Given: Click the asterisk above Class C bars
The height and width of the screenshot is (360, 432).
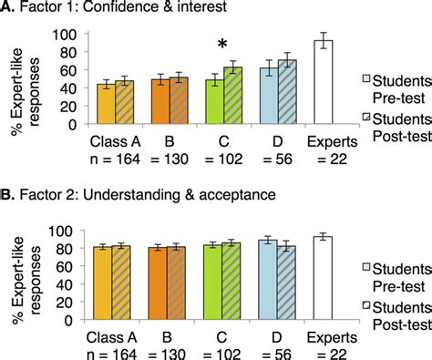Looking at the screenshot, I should [221, 45].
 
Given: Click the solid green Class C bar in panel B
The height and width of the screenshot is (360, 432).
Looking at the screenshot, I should [212, 283].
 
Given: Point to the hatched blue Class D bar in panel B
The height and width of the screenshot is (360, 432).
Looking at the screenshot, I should [289, 283].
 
